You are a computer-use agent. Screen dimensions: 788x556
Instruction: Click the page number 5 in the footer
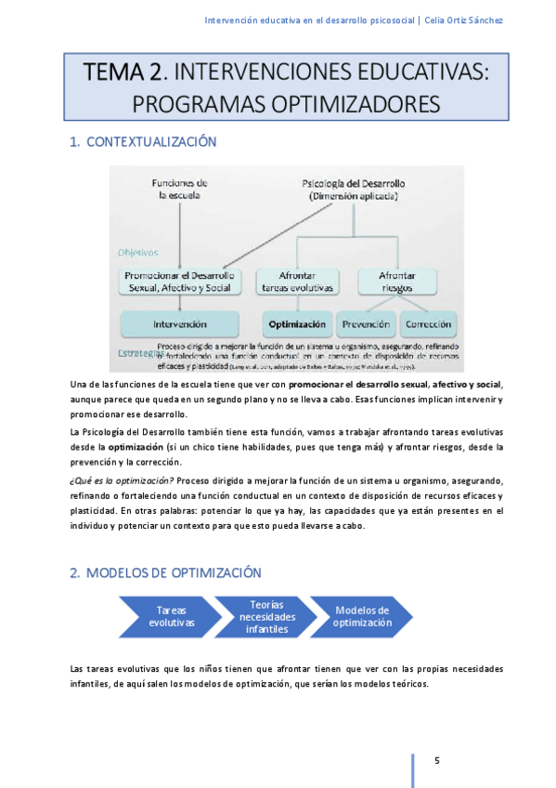[x=437, y=762]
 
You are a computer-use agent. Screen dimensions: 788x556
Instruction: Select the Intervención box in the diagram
[x=180, y=324]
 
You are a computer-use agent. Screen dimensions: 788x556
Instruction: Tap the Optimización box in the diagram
[x=296, y=324]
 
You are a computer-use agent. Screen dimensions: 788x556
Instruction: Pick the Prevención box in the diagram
[x=365, y=324]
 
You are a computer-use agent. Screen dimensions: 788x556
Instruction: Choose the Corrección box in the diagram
[x=428, y=324]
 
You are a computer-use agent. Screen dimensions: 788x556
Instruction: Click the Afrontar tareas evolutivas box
[x=296, y=282]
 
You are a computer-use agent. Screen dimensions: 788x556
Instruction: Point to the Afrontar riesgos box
[x=396, y=282]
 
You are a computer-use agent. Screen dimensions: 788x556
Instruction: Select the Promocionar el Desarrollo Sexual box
[x=178, y=282]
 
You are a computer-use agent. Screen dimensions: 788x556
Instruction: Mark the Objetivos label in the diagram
[x=137, y=252]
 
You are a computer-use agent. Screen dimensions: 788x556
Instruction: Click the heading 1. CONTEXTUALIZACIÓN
[x=143, y=142]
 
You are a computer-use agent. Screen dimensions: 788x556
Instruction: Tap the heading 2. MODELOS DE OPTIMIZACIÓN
[x=165, y=572]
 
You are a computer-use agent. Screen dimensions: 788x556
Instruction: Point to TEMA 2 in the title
[x=123, y=71]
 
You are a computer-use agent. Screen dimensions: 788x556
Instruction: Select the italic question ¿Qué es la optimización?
[x=123, y=479]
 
